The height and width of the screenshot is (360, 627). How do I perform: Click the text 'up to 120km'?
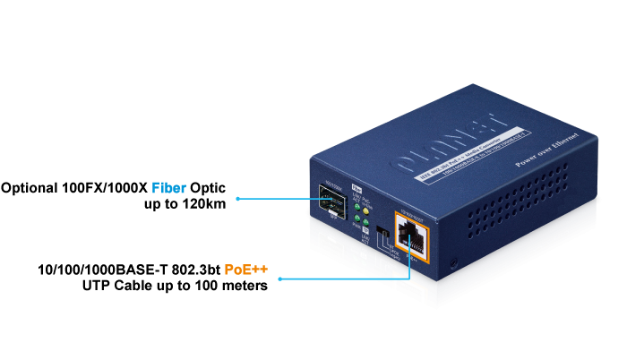tap(185, 205)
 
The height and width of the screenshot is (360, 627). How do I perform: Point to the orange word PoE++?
tap(246, 270)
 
